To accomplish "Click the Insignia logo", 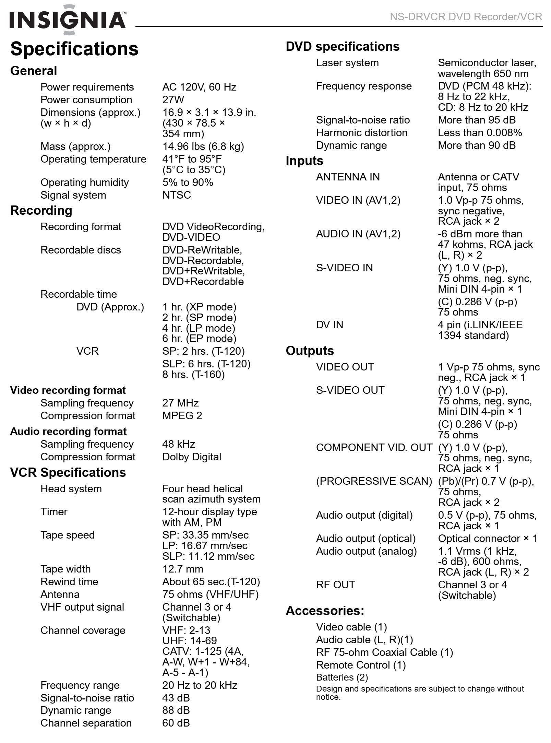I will coord(68,20).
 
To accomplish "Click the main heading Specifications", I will coord(74,49).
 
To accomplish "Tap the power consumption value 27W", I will coord(173,100).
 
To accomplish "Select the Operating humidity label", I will coord(84,182).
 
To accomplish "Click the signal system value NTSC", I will coord(177,195).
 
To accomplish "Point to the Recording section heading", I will coord(41,211).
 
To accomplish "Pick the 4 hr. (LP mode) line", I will coord(199,328).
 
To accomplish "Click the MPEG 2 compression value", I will coord(182,416).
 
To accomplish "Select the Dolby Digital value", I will coord(192,457).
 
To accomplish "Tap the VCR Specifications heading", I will coord(68,473).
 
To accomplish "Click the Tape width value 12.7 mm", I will coord(183,569).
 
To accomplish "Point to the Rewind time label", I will coord(69,582).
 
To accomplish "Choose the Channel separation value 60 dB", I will coord(176,723).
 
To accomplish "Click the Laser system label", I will coord(347,63).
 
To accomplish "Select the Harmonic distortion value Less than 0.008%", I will coord(480,133).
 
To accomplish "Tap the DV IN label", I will coord(330,325).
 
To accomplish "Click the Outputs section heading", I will coord(310,351).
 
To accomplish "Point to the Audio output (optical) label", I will coord(366,539).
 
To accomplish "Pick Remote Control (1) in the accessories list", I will coord(361,665).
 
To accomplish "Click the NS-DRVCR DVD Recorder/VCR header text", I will coord(466,16).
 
